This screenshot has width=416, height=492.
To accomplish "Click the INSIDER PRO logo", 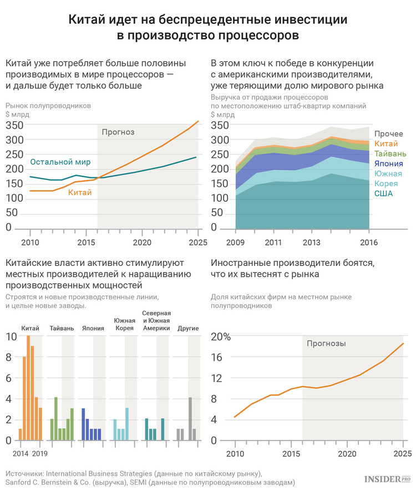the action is click(387, 479).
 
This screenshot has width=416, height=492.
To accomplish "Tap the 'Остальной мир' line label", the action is click(60, 162).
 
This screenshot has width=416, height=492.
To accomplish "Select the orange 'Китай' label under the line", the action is click(80, 192).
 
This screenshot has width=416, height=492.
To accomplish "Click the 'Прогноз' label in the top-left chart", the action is click(118, 132).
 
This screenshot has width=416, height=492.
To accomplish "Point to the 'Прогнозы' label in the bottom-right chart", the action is click(326, 344).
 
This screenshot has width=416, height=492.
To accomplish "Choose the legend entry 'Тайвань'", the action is click(390, 154).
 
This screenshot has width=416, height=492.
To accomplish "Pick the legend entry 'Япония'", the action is click(389, 164).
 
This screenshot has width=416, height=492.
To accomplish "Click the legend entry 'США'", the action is click(383, 193).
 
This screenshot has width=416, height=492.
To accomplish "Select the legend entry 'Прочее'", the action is click(388, 134).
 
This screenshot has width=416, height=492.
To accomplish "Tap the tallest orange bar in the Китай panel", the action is click(28, 388).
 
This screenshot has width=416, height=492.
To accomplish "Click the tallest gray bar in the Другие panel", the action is click(190, 419).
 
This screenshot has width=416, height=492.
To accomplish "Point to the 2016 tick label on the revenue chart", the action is click(369, 242).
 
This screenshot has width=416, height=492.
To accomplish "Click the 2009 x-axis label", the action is click(235, 242).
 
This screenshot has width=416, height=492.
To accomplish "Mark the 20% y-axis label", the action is click(221, 337).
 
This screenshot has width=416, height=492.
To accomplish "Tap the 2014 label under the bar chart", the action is click(21, 454).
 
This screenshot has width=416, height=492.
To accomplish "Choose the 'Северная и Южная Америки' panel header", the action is click(156, 321).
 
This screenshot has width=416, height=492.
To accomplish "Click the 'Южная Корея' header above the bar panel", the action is click(124, 325).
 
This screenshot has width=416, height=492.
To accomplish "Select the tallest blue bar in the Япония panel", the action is click(83, 424).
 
